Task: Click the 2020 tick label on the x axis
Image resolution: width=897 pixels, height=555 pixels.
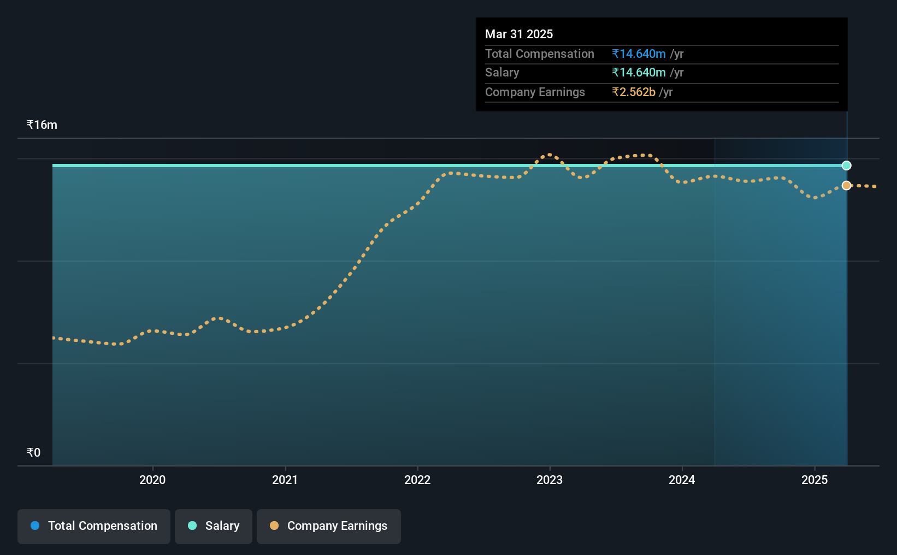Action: [x=152, y=480]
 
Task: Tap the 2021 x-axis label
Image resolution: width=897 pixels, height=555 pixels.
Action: [x=285, y=480]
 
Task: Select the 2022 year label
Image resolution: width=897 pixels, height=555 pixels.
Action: [x=417, y=480]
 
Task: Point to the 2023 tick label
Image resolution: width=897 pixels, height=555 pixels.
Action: [x=550, y=480]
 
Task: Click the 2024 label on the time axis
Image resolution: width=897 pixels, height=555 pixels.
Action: [x=682, y=480]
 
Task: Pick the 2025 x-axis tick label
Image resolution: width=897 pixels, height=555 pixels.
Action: [x=815, y=480]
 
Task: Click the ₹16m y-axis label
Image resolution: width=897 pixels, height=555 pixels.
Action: [x=42, y=125]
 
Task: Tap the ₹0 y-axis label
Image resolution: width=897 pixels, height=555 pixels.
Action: [x=33, y=452]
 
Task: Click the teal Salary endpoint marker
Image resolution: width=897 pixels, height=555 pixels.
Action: [x=846, y=166]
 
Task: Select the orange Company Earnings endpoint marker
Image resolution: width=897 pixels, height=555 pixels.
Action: [x=846, y=185]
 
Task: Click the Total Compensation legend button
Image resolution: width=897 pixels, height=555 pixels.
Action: [x=94, y=526]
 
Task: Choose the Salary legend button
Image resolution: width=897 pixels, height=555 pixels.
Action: [x=214, y=526]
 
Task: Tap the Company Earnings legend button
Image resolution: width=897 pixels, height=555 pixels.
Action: [x=329, y=526]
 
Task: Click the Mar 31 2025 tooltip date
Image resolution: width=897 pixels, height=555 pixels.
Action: [x=518, y=34]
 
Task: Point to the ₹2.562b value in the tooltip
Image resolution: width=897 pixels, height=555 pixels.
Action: [x=634, y=92]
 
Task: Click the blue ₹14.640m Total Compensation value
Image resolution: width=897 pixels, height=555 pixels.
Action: [x=639, y=54]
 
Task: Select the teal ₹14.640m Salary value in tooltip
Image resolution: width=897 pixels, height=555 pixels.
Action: [x=639, y=73]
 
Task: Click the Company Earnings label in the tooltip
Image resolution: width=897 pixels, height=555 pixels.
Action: [x=535, y=92]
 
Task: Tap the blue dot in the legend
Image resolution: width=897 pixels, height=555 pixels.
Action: [x=35, y=526]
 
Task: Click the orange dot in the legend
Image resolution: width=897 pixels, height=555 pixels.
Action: [x=274, y=526]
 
